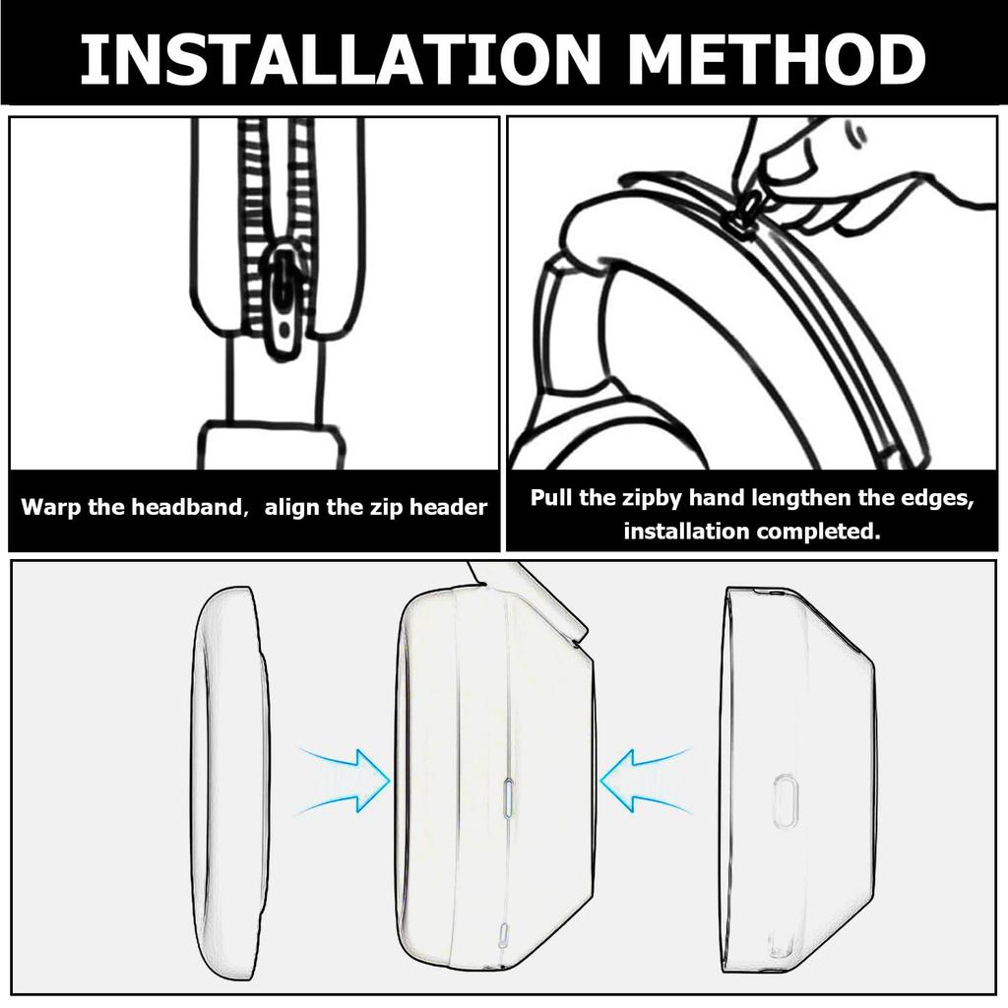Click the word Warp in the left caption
(51, 508)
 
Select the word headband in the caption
(186, 507)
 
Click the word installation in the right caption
(686, 532)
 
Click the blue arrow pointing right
(346, 780)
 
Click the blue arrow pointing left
(646, 780)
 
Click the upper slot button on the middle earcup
(508, 797)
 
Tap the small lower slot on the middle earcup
(503, 935)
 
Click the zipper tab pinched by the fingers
(749, 206)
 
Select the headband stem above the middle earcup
(529, 598)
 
